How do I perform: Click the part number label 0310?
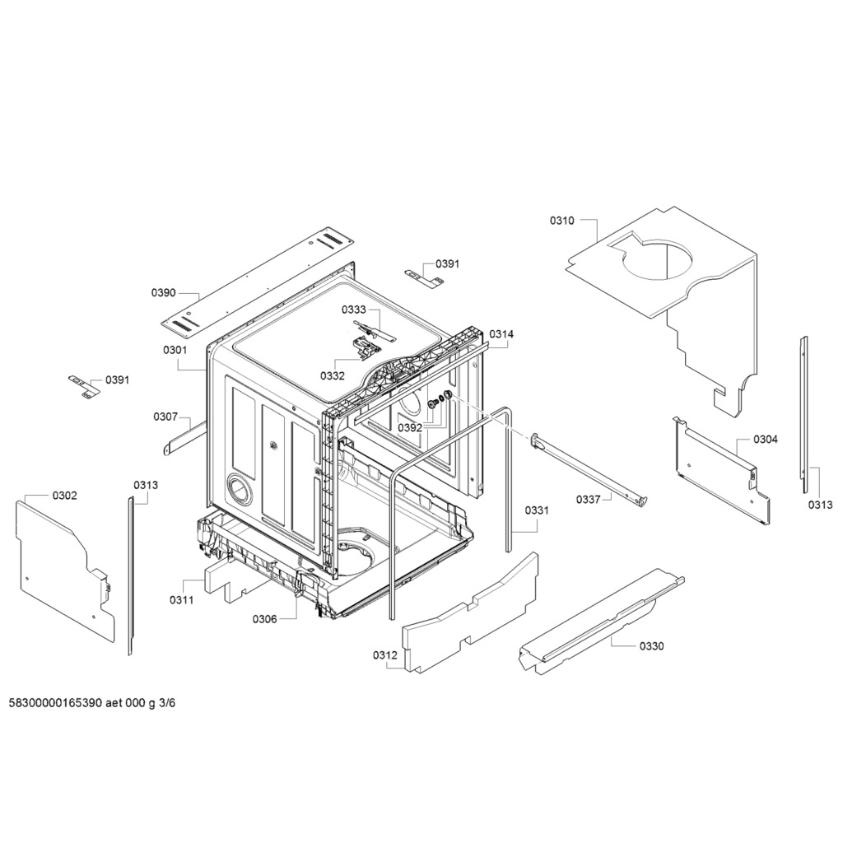tap(561, 221)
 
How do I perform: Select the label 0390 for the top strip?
tap(164, 292)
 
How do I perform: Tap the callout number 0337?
tap(588, 500)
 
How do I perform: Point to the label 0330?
tap(652, 646)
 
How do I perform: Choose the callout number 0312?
tap(385, 655)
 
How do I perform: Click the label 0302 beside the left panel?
tap(64, 496)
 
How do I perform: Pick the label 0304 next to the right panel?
tap(766, 440)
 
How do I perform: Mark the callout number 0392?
tap(410, 428)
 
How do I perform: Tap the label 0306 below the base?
tap(265, 619)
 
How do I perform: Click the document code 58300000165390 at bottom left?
tap(56, 703)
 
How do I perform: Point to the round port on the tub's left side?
tap(238, 489)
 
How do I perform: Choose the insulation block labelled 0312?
tap(470, 612)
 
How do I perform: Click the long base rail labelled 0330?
tap(602, 618)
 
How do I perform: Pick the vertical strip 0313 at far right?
tap(804, 415)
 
